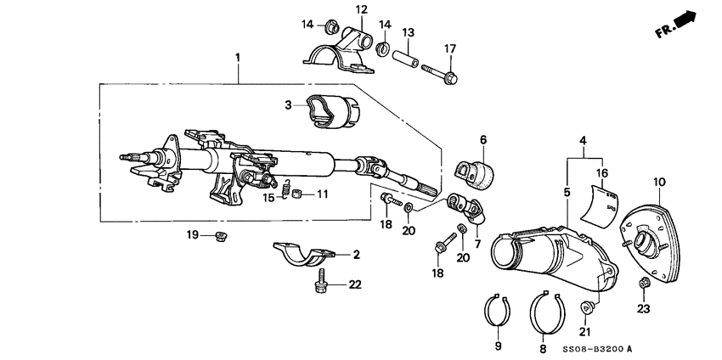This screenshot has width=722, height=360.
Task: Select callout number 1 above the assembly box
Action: coord(238,58)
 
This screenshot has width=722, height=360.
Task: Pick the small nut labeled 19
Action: coord(223,234)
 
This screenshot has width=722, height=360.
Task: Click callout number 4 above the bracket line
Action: coord(583,139)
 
